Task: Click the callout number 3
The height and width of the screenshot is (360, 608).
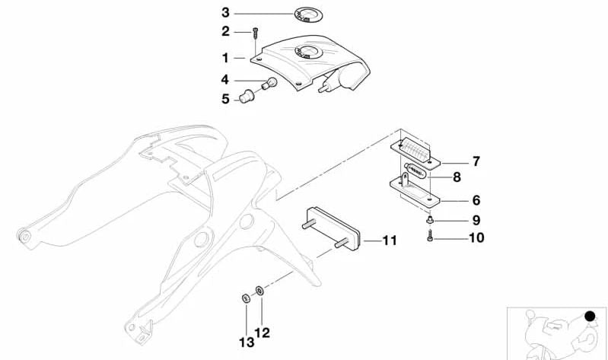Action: (225, 13)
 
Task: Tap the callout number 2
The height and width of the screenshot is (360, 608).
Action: (225, 31)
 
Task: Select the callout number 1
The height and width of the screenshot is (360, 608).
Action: (225, 58)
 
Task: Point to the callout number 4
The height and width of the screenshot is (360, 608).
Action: (225, 79)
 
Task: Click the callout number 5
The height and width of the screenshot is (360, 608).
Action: (225, 98)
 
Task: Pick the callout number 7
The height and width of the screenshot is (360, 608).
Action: (476, 161)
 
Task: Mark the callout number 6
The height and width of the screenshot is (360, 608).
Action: (476, 201)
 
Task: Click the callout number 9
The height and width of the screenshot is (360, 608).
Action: (476, 220)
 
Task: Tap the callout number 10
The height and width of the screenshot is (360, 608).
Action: (476, 237)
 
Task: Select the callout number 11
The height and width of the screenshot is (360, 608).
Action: (390, 241)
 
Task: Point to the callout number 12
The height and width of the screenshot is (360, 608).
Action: (262, 332)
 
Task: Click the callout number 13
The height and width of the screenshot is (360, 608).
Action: (247, 342)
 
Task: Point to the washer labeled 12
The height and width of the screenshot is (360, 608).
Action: (260, 289)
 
